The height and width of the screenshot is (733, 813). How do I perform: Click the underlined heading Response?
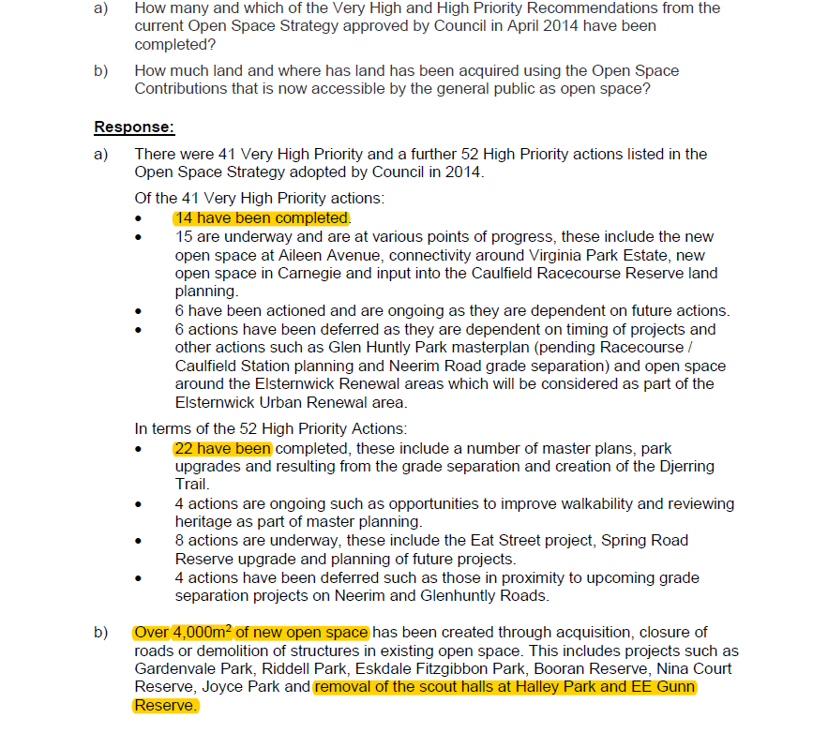pos(134,127)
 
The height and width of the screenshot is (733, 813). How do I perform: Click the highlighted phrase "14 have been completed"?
pos(262,218)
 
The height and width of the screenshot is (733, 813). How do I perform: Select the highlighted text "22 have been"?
pos(221,449)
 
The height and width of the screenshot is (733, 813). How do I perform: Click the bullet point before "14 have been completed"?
pos(139,219)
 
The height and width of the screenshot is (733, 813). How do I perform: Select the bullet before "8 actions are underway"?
pos(139,542)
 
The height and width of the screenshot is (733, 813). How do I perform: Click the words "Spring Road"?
pos(644,541)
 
